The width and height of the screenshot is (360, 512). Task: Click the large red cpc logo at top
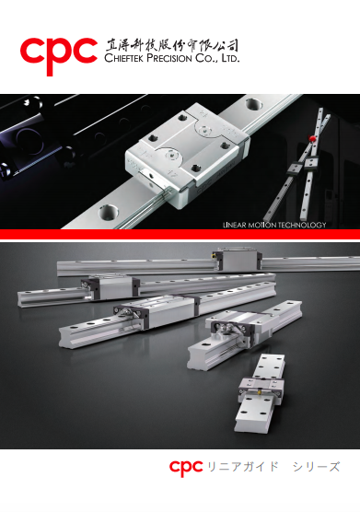tap(59, 56)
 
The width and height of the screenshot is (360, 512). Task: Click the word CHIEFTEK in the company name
tap(124, 58)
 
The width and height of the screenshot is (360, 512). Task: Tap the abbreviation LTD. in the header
tap(230, 58)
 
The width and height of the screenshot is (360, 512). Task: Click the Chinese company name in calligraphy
tap(171, 45)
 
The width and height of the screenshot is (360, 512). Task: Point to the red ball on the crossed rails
tap(313, 138)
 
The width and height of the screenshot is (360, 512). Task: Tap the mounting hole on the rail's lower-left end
tap(108, 212)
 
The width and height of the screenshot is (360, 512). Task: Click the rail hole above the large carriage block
tap(253, 105)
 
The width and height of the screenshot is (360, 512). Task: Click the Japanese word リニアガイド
tap(243, 467)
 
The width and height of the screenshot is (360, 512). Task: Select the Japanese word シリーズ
tap(316, 467)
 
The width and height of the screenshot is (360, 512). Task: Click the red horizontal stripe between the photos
tap(180, 234)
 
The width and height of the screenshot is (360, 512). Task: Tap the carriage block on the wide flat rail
tap(261, 388)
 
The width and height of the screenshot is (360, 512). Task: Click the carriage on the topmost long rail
tap(238, 260)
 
